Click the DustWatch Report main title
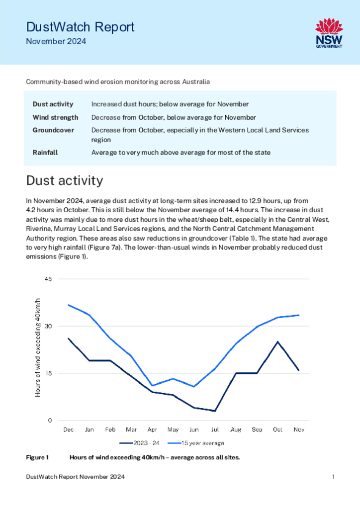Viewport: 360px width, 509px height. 80,27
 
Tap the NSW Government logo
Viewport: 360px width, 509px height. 329,33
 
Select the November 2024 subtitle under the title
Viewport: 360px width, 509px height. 56,42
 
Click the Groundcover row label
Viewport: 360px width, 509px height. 53,130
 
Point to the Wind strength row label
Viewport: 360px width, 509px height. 56,117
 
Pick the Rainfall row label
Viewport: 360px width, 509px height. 45,153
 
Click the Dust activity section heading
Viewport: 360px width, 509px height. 65,180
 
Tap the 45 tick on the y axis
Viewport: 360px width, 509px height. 48,279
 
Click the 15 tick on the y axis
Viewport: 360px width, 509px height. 48,373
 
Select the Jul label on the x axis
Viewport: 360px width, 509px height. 215,429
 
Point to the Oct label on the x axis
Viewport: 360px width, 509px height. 277,429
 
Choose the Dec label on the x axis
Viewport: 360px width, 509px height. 69,429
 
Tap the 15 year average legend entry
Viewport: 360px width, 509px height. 196,443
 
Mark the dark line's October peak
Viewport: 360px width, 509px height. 277,341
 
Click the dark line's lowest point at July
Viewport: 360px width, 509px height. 215,411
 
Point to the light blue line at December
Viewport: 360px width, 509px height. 69,305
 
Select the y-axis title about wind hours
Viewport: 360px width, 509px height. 38,347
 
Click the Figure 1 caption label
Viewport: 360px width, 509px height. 37,457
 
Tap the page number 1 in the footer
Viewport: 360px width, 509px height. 333,477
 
